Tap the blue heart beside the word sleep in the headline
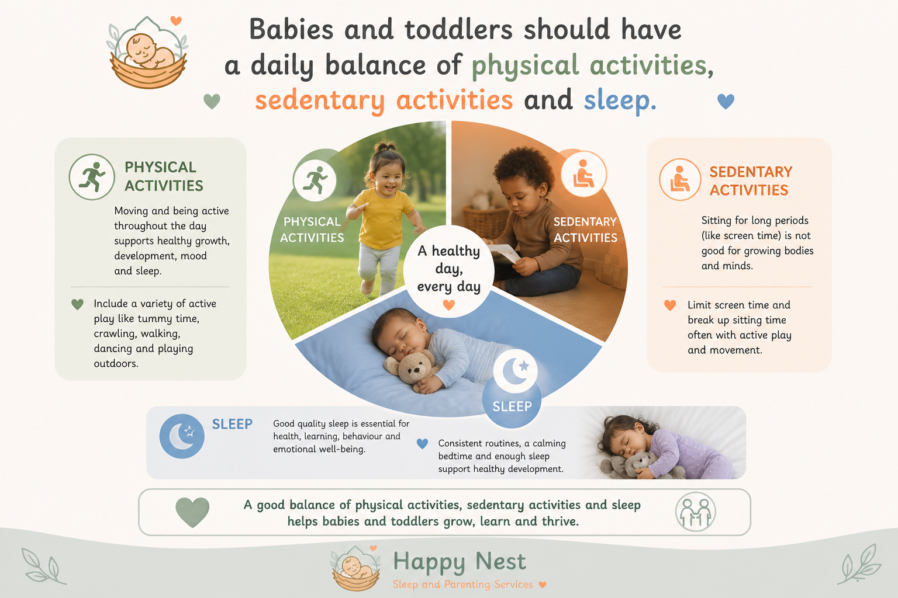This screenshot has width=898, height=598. (726, 102)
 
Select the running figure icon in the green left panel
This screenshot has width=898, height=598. (92, 176)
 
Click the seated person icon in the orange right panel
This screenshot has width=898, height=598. (680, 179)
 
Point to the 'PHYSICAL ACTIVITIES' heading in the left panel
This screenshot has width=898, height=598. (164, 176)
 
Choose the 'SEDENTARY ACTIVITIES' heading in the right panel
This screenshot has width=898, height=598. (751, 181)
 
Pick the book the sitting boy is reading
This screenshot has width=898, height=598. (503, 253)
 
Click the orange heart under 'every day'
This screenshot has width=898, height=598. (448, 305)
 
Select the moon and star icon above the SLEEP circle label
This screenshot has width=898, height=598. (515, 371)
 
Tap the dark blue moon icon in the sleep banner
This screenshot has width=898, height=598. (182, 436)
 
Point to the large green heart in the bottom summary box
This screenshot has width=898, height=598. (192, 512)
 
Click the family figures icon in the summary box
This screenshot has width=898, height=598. (696, 512)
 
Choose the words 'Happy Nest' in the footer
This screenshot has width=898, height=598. (460, 562)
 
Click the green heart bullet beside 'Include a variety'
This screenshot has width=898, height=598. (77, 304)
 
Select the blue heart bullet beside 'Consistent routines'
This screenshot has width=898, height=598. (422, 443)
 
